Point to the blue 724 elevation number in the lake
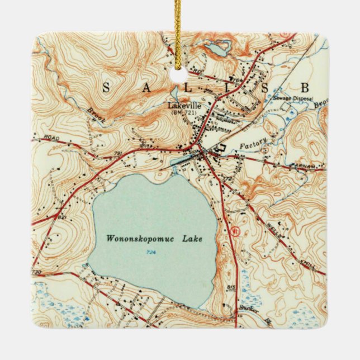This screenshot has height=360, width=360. point(153,253)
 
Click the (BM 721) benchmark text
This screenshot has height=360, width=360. point(184,112)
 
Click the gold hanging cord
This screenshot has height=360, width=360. point(178,28)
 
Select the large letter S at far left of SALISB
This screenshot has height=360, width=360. point(106,87)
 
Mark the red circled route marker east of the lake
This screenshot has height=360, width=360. point(235,230)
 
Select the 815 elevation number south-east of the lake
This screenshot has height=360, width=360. point(231,287)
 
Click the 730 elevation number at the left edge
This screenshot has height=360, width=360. point(37,272)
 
